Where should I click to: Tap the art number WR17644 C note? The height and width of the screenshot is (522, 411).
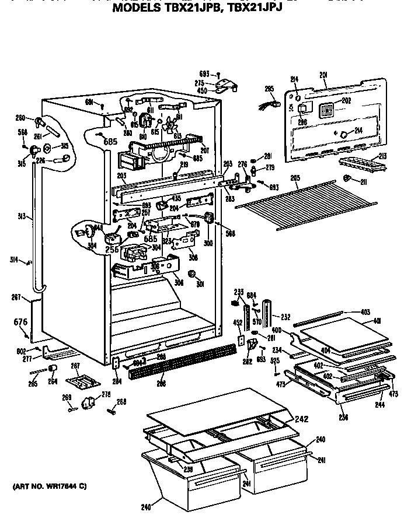49,486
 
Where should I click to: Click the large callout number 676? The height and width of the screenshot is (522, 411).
20,321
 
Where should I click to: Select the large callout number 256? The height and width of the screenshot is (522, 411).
112,249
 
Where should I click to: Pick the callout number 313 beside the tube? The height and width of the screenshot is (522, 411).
21,216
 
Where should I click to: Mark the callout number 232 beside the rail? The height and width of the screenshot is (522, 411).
285,317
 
